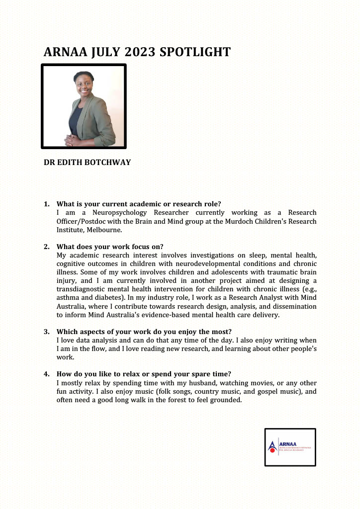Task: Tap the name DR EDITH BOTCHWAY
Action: coord(88,162)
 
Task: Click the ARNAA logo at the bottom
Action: coord(290,447)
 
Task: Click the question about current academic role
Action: coord(139,204)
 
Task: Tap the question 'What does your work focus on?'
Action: coord(110,247)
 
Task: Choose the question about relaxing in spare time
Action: coord(144,374)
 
